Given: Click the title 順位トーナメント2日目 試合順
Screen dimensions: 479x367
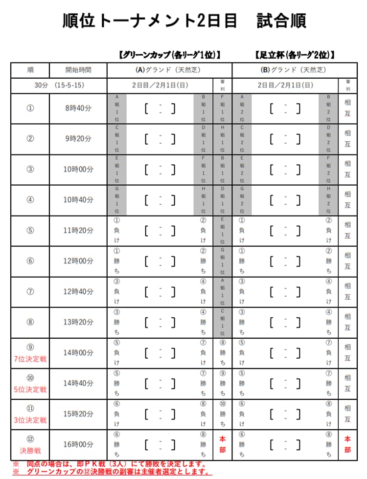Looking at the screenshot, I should pyautogui.click(x=184, y=21).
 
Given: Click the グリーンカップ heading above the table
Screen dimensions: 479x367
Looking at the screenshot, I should pyautogui.click(x=169, y=55).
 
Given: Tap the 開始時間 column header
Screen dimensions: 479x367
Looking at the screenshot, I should pyautogui.click(x=78, y=70).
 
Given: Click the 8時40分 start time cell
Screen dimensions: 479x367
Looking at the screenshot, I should pyautogui.click(x=78, y=108).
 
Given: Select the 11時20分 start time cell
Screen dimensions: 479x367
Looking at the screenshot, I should pyautogui.click(x=78, y=230).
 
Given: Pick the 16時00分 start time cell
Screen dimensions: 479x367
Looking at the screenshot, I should pyautogui.click(x=78, y=444).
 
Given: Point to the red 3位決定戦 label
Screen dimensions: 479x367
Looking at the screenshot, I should pyautogui.click(x=30, y=420).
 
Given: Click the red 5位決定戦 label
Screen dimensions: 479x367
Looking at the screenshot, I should pyautogui.click(x=30, y=390).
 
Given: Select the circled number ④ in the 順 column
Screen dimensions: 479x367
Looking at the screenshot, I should pyautogui.click(x=30, y=199).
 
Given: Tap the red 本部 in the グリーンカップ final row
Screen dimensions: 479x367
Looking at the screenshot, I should pyautogui.click(x=222, y=444).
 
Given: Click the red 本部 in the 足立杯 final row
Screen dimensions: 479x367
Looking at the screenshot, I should pyautogui.click(x=347, y=444).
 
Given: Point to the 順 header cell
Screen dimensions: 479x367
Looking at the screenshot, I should pyautogui.click(x=30, y=70).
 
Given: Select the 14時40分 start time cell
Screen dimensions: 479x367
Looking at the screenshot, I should pyautogui.click(x=78, y=383).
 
